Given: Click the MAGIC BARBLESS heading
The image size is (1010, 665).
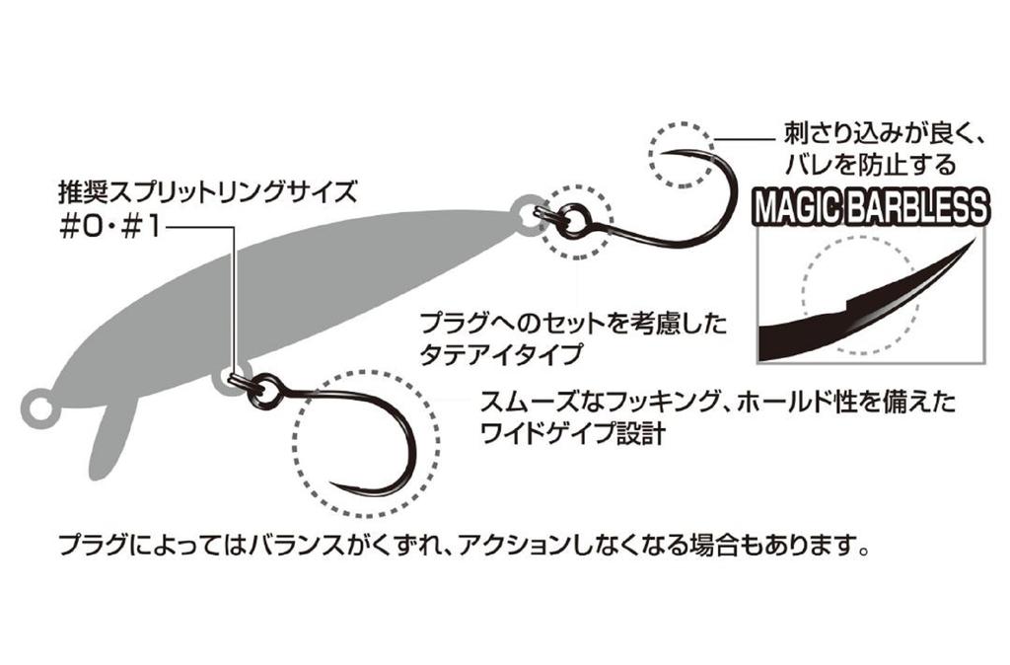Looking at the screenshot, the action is point(870,207).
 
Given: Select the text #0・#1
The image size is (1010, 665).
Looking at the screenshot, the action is point(108,228).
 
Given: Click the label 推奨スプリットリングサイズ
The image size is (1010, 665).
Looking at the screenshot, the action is point(207,192).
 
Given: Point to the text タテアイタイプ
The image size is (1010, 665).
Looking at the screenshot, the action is point(500,354).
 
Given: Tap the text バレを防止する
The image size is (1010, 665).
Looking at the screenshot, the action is point(870,165).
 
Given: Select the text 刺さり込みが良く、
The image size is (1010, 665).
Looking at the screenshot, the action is point(882,134).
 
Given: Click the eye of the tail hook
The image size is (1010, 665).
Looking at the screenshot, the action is point(571,217).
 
